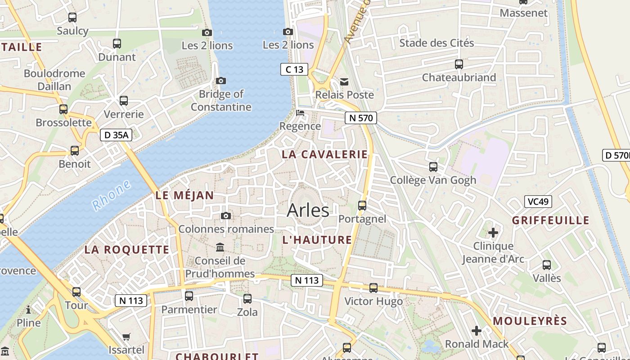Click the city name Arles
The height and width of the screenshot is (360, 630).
click(308, 210)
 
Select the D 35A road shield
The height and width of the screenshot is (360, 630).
click(116, 135)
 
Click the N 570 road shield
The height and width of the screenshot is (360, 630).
click(360, 118)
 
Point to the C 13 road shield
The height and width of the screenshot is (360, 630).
click(294, 69)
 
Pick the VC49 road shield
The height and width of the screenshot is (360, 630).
click(538, 202)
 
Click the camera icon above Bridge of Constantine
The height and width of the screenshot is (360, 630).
click(220, 81)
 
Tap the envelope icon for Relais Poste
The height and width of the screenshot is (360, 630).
click(344, 81)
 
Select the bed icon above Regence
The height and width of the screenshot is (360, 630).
click(300, 112)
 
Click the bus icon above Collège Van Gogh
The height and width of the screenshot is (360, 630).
click(433, 167)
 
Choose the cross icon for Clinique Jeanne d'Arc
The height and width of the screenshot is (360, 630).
click(493, 233)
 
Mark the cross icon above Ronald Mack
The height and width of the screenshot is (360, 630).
click(476, 331)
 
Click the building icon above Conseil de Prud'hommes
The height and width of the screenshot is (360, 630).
click(220, 247)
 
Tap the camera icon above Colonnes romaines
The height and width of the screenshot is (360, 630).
click(226, 216)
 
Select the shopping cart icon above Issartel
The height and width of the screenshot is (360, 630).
click(126, 337)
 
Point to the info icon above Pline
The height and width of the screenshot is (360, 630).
click(28, 310)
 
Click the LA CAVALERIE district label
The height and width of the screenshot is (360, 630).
click(324, 154)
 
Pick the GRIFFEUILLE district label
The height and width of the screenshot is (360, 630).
click(550, 220)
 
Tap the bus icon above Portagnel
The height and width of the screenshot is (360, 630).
click(362, 206)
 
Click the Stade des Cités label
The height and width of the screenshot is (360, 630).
click(436, 43)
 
